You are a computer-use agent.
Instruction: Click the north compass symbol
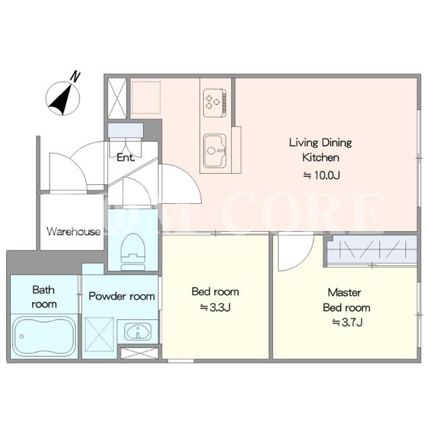click(x=63, y=99)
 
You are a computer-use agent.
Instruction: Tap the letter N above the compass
click(x=75, y=76)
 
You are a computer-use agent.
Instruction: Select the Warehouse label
click(x=74, y=231)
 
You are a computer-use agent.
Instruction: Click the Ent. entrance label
click(x=125, y=158)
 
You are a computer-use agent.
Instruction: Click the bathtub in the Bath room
click(x=44, y=336)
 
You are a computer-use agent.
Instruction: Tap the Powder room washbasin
click(x=138, y=332)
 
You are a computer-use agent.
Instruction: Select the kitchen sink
click(x=214, y=151)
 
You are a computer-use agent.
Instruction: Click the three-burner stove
click(x=214, y=103)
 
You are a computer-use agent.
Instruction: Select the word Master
click(x=345, y=292)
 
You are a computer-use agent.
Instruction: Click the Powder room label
click(x=122, y=296)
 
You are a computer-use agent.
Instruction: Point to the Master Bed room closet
click(x=372, y=250)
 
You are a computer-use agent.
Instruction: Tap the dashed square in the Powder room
click(x=99, y=334)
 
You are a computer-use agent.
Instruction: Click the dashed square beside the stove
click(x=146, y=97)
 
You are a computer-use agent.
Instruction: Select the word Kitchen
click(x=320, y=158)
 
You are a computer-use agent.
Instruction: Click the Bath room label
click(x=44, y=297)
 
